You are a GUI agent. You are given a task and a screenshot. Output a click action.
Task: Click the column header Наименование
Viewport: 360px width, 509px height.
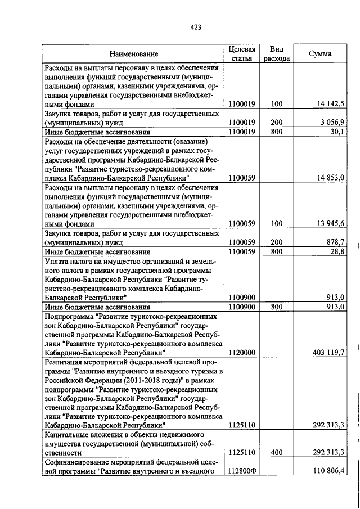(x=134, y=54)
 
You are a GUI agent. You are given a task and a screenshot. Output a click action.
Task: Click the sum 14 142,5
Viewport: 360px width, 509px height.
(x=330, y=104)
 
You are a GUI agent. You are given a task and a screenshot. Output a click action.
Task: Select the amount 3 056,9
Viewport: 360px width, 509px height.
(x=332, y=123)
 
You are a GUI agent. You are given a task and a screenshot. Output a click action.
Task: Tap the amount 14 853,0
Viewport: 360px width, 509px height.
(x=330, y=178)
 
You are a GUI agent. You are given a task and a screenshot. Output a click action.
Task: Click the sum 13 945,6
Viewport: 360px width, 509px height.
(x=330, y=223)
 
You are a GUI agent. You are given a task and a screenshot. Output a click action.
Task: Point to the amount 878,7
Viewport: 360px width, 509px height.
(x=335, y=242)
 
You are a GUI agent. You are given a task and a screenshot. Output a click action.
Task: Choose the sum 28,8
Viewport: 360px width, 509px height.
(x=337, y=251)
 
